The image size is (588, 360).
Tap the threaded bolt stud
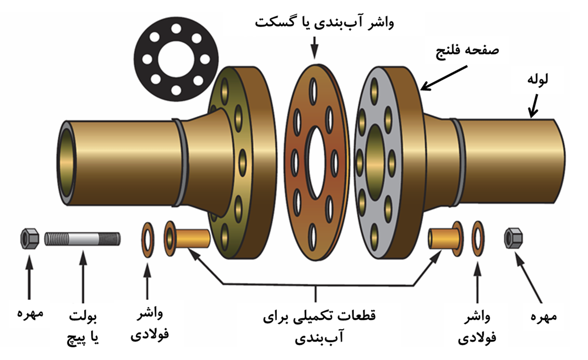tap(83, 239)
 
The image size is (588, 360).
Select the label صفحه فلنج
tap(468, 51)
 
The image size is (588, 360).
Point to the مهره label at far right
tap(543, 317)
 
